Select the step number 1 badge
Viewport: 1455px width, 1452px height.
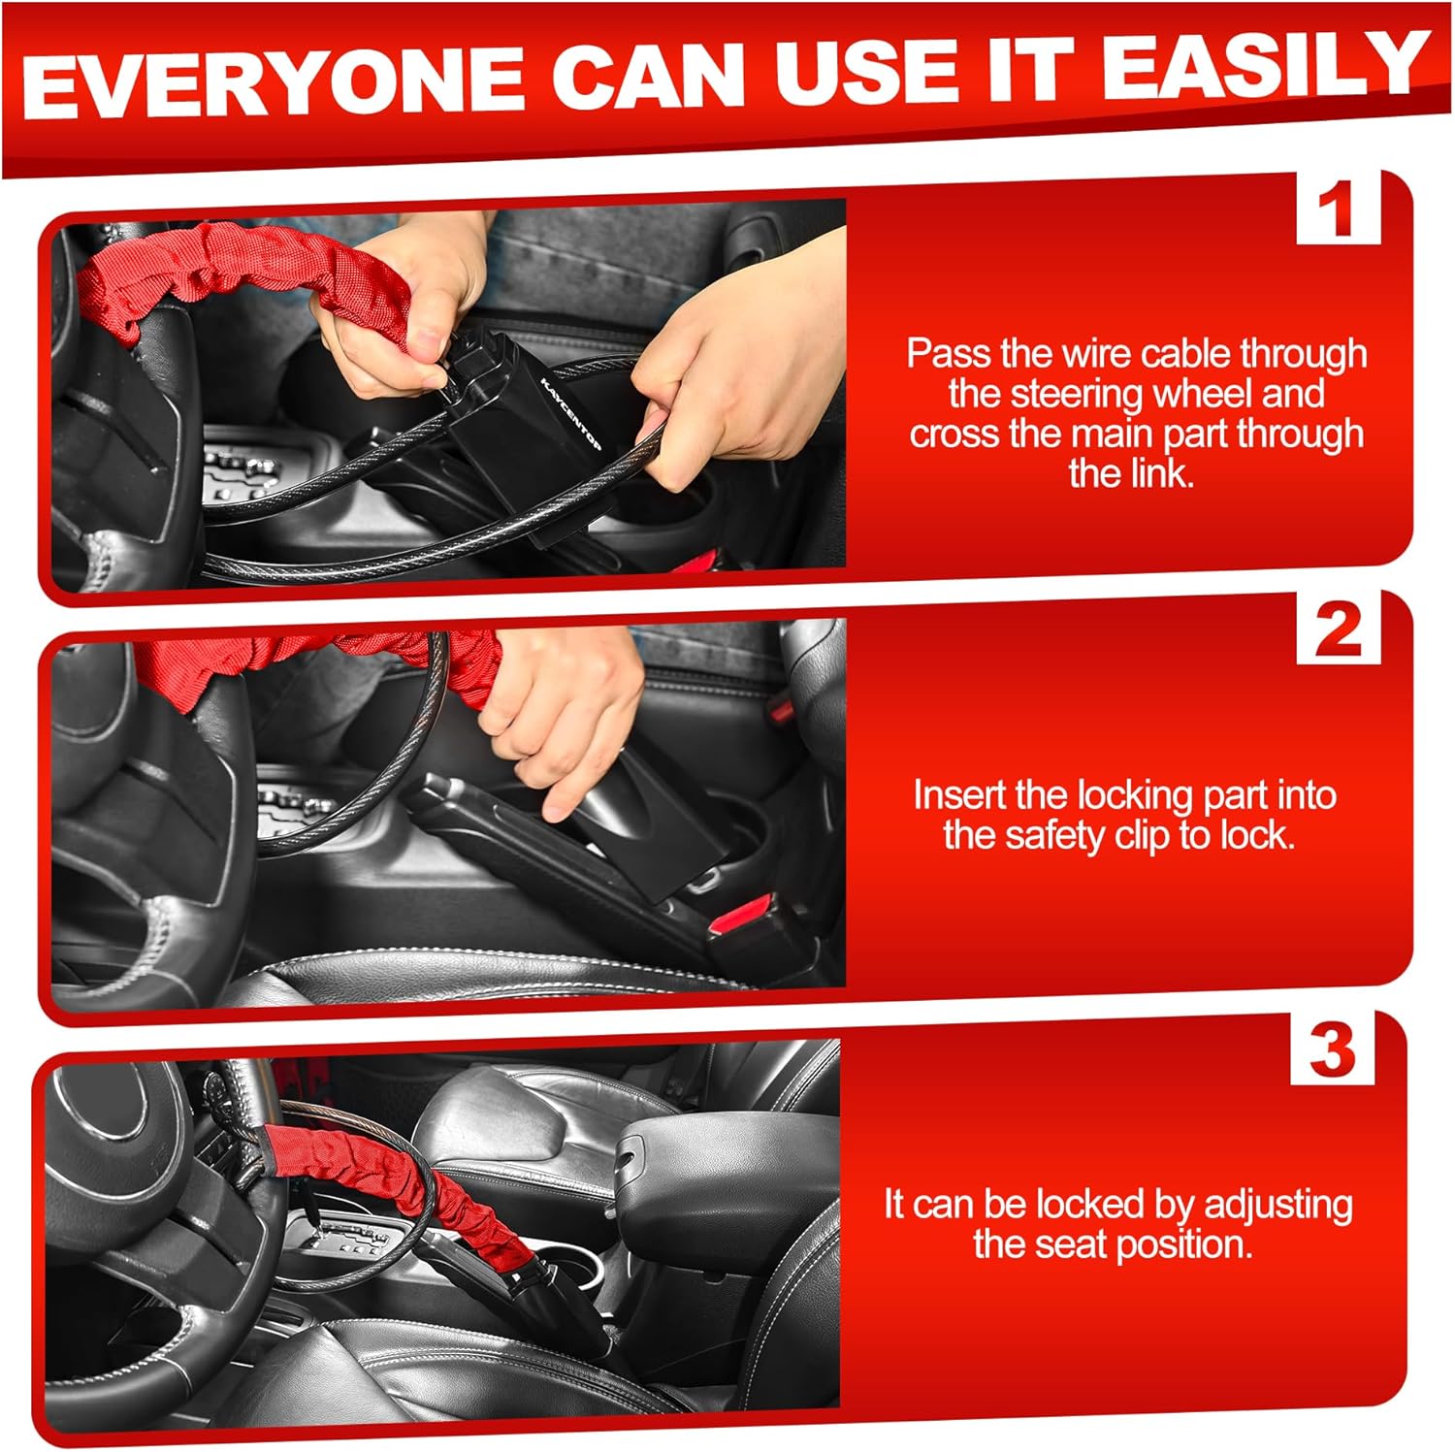click(x=1338, y=208)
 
